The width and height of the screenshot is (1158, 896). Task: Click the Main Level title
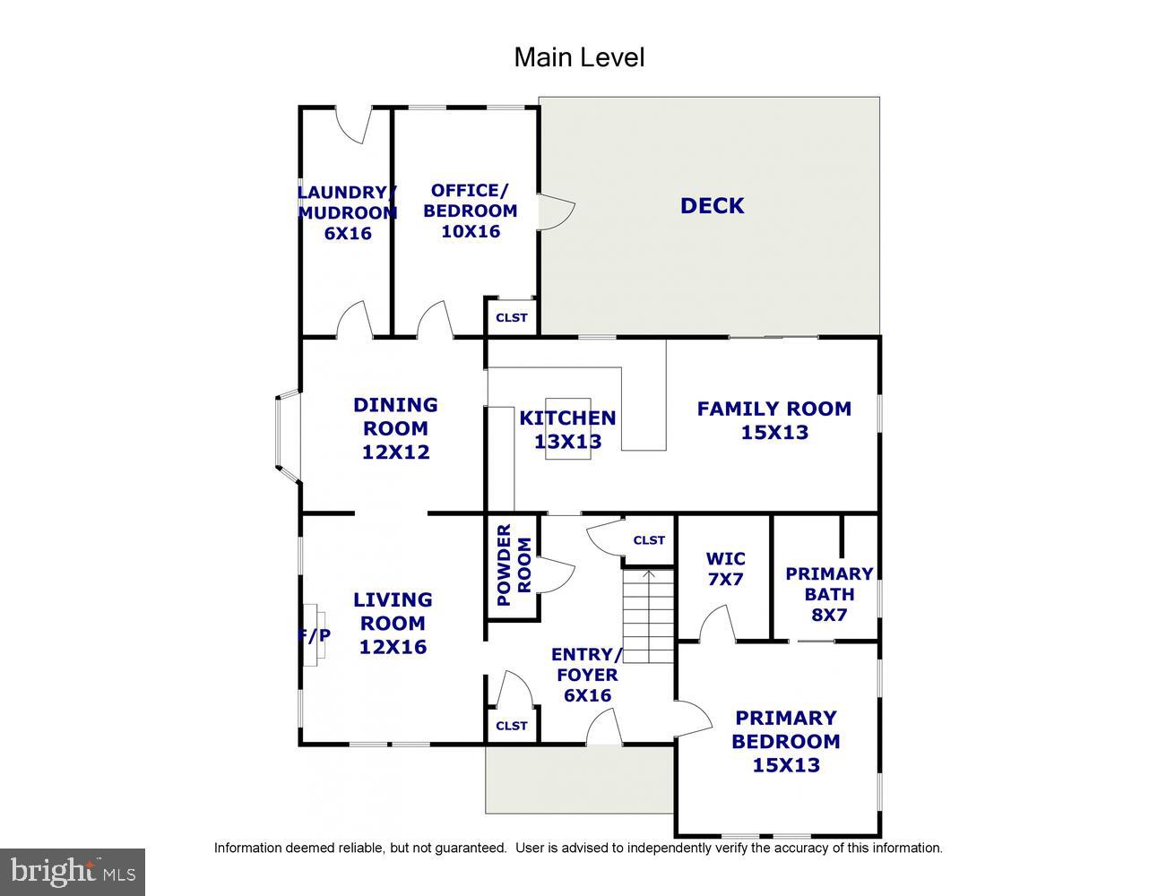(578, 57)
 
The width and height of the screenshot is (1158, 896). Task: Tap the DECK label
(712, 205)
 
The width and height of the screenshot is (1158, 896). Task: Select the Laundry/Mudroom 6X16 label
(347, 212)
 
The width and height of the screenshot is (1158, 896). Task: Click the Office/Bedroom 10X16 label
(470, 211)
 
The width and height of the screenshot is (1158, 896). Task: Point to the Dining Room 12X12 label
(395, 428)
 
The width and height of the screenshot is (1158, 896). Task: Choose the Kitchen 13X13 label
(567, 429)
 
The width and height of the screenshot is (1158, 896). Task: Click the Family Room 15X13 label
(773, 420)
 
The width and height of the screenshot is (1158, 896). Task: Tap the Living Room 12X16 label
(393, 623)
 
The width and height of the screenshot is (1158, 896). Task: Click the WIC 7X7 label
(725, 569)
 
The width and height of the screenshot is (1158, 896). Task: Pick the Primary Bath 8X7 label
(829, 594)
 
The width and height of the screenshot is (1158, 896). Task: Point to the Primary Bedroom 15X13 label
(786, 741)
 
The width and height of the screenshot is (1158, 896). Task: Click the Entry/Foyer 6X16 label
(586, 675)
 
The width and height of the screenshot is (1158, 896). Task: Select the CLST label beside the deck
(512, 317)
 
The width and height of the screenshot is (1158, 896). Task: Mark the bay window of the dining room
(287, 430)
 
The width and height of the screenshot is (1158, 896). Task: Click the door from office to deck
(556, 211)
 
